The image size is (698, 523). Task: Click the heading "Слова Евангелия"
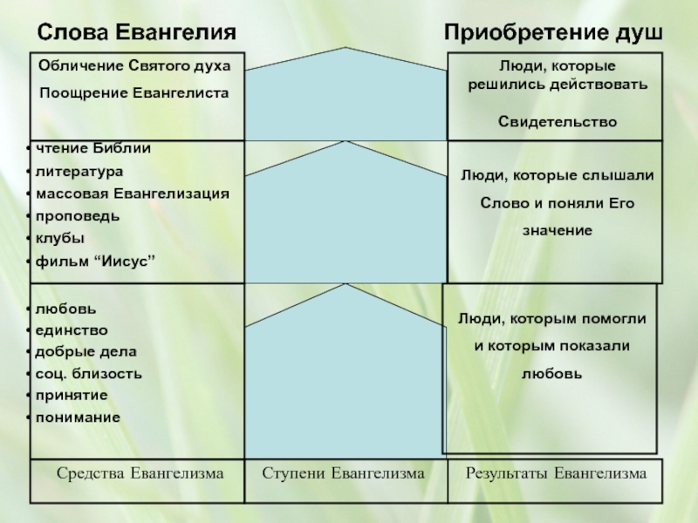(x=136, y=32)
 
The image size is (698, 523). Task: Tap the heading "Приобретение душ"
(x=553, y=32)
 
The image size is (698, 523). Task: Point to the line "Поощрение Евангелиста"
(x=133, y=92)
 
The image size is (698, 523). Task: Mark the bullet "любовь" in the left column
(x=61, y=309)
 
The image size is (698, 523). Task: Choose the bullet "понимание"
(x=78, y=418)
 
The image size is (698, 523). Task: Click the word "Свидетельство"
(x=558, y=120)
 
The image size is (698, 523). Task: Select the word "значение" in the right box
(x=558, y=230)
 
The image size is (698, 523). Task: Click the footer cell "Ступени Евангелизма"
(x=344, y=473)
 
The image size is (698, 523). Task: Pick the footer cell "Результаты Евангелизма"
(x=557, y=473)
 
